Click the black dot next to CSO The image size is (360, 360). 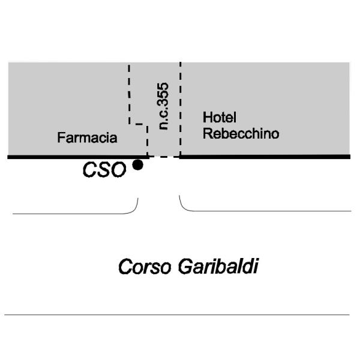[x=138, y=165]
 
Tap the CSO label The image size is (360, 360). [x=104, y=170]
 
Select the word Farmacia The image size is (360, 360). [x=87, y=137]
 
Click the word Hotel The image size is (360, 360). [x=220, y=118]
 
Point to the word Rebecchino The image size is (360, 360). [x=241, y=133]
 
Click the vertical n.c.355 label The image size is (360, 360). [x=163, y=106]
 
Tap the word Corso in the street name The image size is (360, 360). [x=145, y=266]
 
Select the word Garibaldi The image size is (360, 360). [x=218, y=266]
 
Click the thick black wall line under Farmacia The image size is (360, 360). [x=78, y=157]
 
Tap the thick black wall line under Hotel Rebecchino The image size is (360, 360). [x=265, y=157]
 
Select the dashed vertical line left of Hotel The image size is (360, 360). [x=181, y=109]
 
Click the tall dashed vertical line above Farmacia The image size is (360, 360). [x=129, y=94]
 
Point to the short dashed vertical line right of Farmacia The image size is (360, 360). [x=148, y=140]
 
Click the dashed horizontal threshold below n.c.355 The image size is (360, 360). [x=164, y=157]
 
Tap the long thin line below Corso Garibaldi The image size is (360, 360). [x=177, y=314]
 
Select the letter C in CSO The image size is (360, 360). [x=90, y=170]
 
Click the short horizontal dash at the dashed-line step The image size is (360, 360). [x=139, y=124]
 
